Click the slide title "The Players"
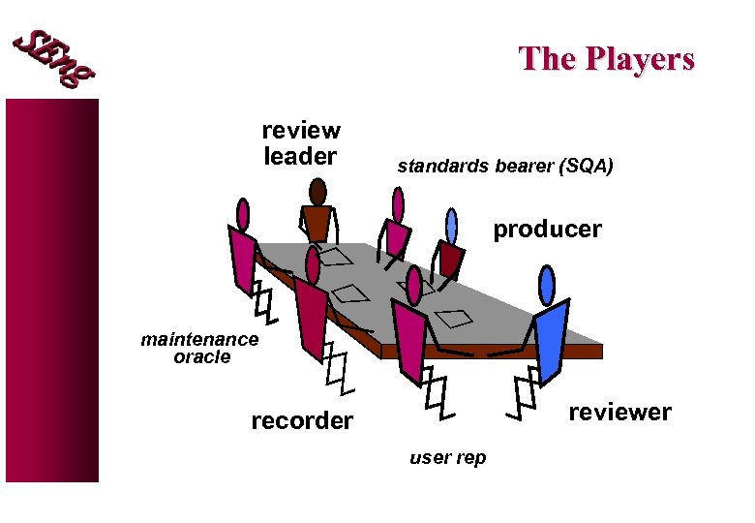click(606, 59)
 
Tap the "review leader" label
click(300, 143)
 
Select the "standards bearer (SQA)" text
click(504, 167)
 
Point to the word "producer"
click(547, 230)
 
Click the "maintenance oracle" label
click(200, 348)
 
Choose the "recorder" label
click(302, 421)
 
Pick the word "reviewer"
click(619, 413)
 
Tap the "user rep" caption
click(447, 458)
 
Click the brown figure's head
click(317, 192)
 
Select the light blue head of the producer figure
click(451, 225)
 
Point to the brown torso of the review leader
click(317, 225)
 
